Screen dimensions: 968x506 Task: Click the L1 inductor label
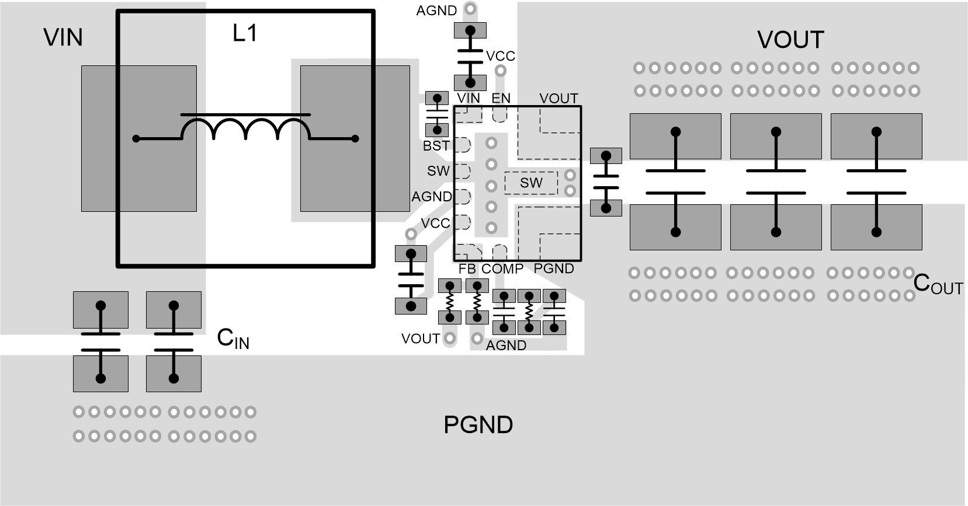pyautogui.click(x=245, y=33)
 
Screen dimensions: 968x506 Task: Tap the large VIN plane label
pyautogui.click(x=63, y=37)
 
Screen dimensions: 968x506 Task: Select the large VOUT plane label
pyautogui.click(x=790, y=40)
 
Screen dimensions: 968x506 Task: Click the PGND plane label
pyautogui.click(x=478, y=425)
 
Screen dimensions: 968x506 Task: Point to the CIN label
pyautogui.click(x=233, y=339)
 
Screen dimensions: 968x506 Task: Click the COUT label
pyautogui.click(x=938, y=285)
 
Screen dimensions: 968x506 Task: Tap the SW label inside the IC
pyautogui.click(x=531, y=183)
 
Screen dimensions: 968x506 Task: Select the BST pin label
pyautogui.click(x=436, y=146)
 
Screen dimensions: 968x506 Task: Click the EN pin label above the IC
pyautogui.click(x=501, y=99)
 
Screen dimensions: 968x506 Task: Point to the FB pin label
pyautogui.click(x=467, y=269)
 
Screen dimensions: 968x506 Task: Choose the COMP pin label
pyautogui.click(x=502, y=269)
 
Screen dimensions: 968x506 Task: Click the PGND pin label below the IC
pyautogui.click(x=554, y=268)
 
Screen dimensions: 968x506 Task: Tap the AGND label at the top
pyautogui.click(x=436, y=11)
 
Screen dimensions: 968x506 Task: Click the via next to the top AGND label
pyautogui.click(x=470, y=9)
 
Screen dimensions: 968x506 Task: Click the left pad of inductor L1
pyautogui.click(x=138, y=138)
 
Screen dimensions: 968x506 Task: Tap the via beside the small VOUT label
pyautogui.click(x=450, y=337)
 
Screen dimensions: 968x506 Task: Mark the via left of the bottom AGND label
pyautogui.click(x=477, y=338)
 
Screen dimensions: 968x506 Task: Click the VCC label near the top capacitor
pyautogui.click(x=501, y=56)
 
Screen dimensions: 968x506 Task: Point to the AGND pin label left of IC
pyautogui.click(x=432, y=197)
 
